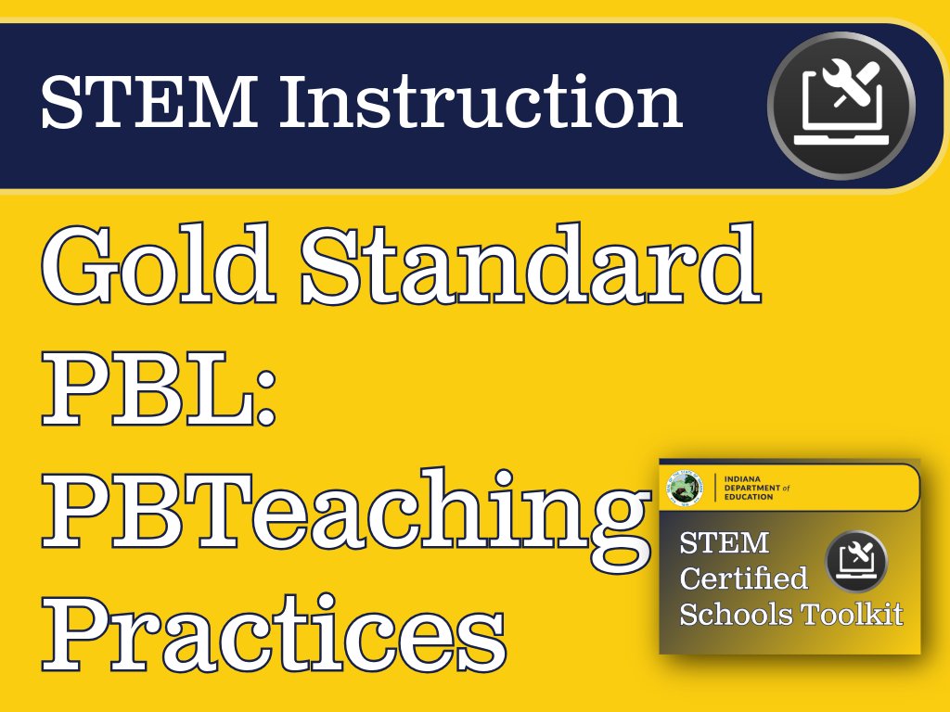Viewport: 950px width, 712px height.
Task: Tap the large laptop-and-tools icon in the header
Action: pos(841,104)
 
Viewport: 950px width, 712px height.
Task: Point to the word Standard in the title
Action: pos(531,267)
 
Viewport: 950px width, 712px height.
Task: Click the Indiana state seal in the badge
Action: pos(686,489)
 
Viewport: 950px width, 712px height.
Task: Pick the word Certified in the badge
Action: pos(743,578)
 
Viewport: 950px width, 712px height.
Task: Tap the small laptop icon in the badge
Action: pos(856,561)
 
